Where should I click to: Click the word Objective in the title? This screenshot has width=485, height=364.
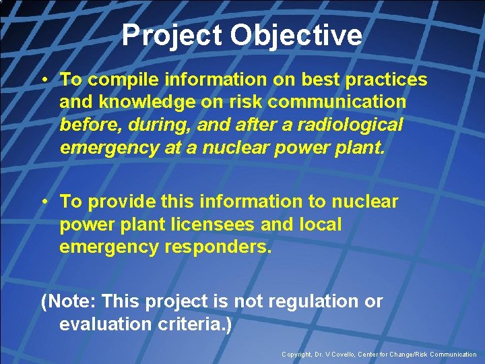(296, 36)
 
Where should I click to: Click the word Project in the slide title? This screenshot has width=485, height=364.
(171, 36)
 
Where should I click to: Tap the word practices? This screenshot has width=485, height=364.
(385, 80)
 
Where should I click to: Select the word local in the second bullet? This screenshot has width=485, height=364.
(319, 224)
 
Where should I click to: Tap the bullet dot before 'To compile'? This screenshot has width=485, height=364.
(44, 80)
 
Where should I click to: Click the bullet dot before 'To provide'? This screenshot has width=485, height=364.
(44, 202)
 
